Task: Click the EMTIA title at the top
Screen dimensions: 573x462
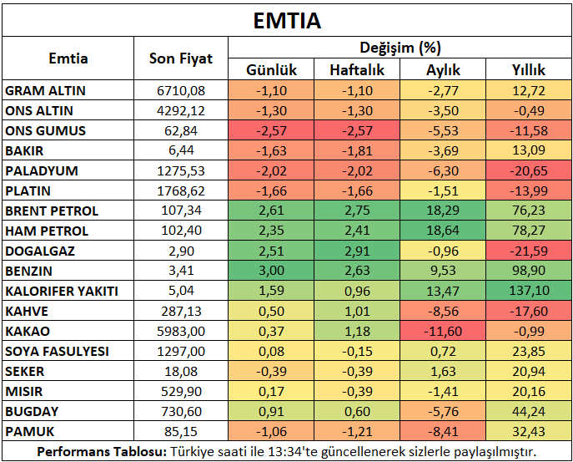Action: (287, 21)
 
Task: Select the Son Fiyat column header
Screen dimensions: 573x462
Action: (181, 58)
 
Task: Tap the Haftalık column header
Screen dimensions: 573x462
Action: (357, 69)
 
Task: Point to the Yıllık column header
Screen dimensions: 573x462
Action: (529, 69)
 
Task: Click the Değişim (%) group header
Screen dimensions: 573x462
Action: (400, 48)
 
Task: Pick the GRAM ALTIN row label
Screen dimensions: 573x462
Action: (45, 90)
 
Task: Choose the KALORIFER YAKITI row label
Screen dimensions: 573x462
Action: (62, 291)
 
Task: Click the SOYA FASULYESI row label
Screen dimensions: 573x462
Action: (57, 351)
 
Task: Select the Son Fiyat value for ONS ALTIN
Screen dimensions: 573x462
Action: (181, 110)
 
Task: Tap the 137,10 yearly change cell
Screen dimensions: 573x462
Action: (529, 291)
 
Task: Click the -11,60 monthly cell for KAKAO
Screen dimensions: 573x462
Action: (443, 331)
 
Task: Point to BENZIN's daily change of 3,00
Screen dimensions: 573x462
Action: (271, 271)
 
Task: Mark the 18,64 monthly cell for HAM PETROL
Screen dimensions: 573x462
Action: (443, 231)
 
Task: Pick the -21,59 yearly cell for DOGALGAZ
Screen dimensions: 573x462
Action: (529, 251)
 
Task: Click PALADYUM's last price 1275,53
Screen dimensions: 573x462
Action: (181, 171)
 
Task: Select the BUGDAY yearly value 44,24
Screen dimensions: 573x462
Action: (529, 411)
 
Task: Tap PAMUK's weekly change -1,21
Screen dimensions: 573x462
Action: (357, 431)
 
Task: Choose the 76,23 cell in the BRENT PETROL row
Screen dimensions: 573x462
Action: (529, 211)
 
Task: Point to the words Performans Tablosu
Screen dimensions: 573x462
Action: (102, 452)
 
